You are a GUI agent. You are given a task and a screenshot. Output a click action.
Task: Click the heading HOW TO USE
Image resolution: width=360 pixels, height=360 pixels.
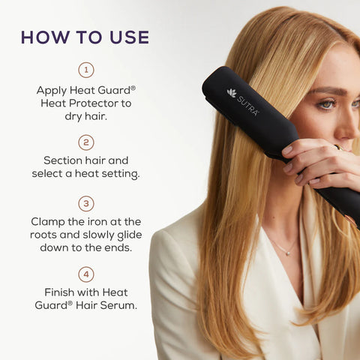coord(85,37)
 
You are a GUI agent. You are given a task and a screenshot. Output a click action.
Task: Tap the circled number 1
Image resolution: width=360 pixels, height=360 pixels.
coord(86,70)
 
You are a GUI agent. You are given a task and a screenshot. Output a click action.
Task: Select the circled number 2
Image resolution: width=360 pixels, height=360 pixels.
coord(86,142)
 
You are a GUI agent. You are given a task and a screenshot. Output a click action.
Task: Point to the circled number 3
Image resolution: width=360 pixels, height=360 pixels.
coord(86,203)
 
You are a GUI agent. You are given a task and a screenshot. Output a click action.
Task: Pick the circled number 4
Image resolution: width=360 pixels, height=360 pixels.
coord(86,274)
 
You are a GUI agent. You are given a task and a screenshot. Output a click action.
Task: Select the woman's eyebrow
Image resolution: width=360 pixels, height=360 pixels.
coord(326,91)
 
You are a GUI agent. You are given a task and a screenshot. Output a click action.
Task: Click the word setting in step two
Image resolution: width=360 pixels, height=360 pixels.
coord(120,173)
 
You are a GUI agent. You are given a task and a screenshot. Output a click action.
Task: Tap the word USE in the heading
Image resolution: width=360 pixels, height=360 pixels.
coord(127,37)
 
